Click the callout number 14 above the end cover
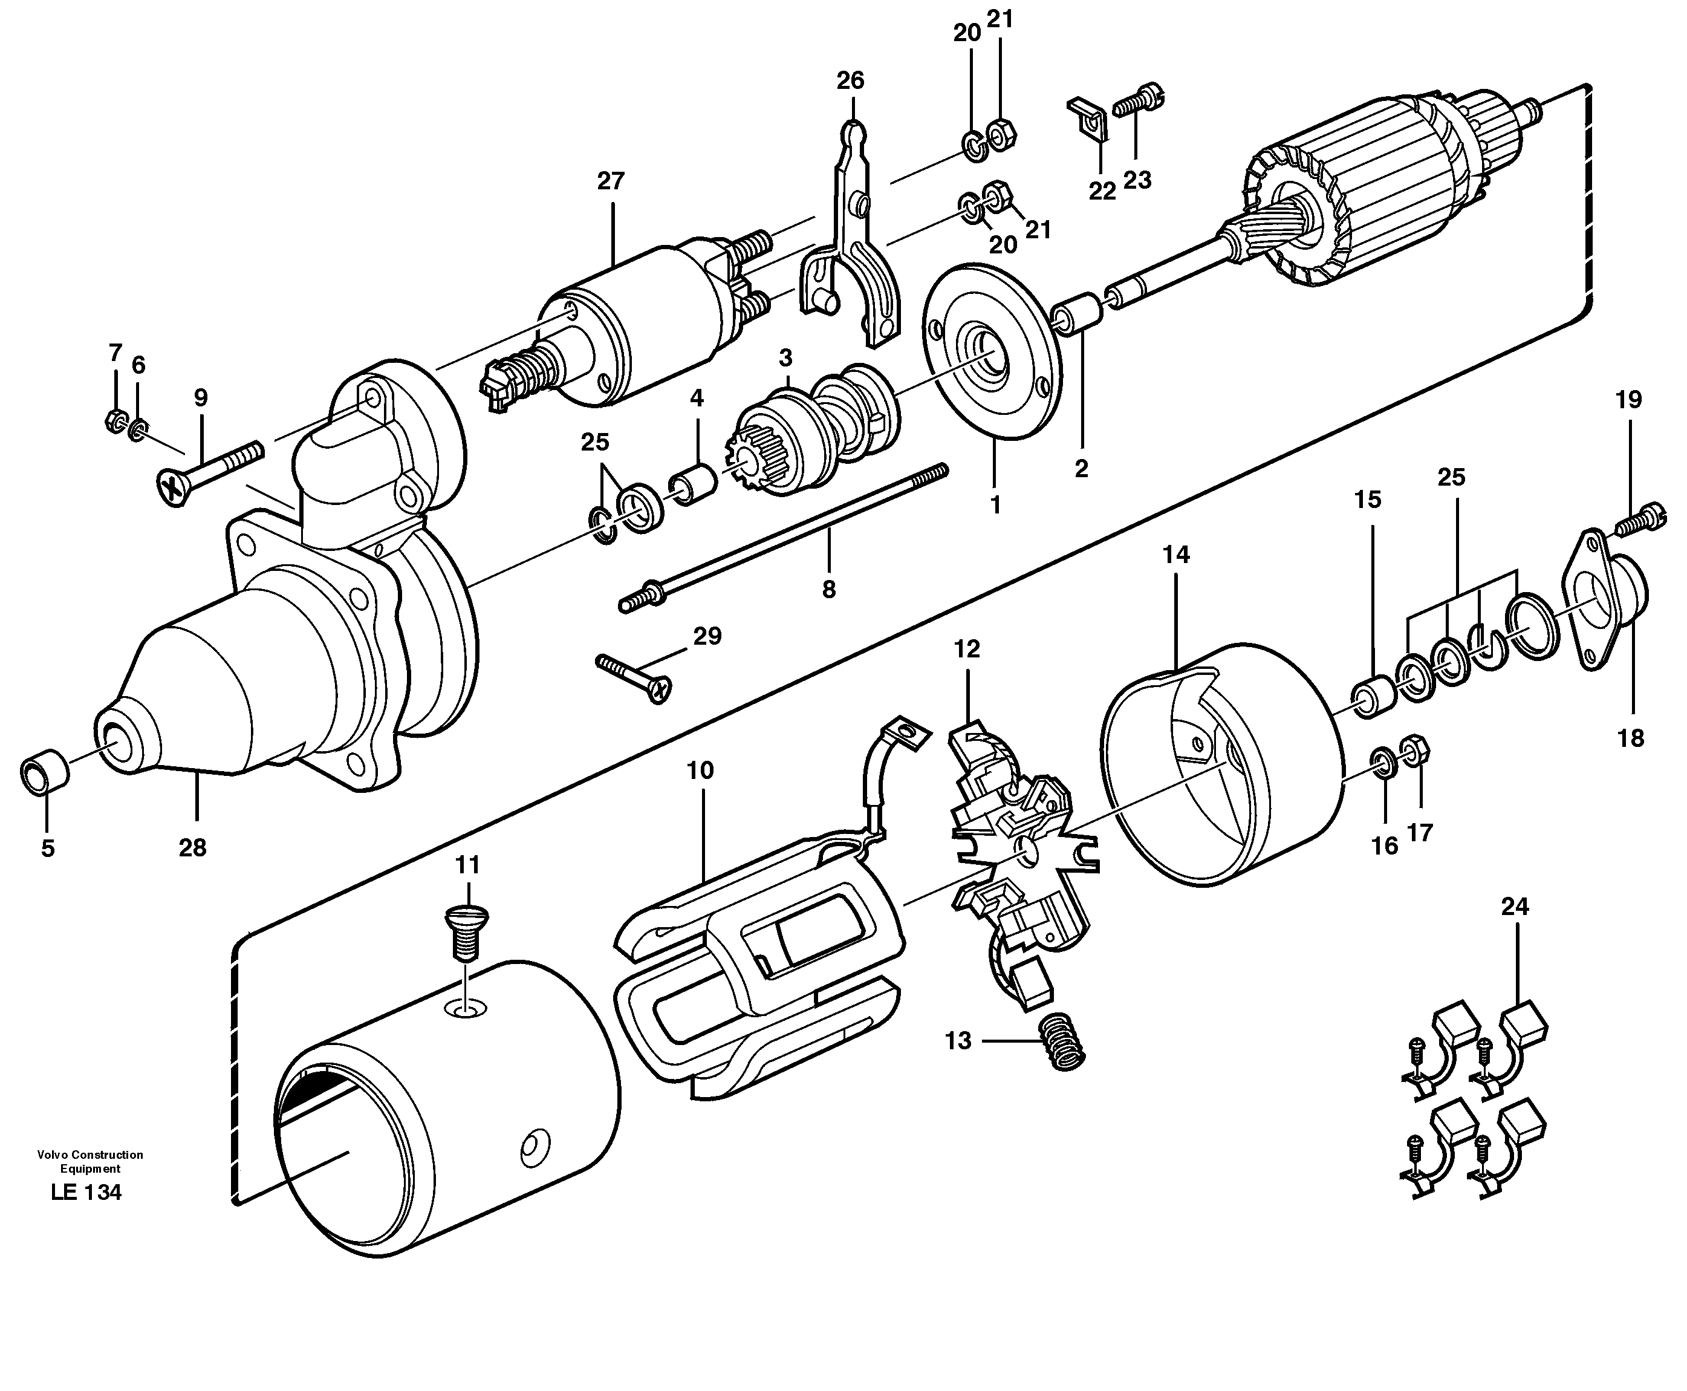coord(1176,555)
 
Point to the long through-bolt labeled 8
coord(785,537)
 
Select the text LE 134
coord(86,1192)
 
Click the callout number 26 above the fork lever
coord(851,81)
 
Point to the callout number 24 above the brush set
coord(1515,907)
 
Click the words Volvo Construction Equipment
coord(89,1161)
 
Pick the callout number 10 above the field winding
coord(700,771)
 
